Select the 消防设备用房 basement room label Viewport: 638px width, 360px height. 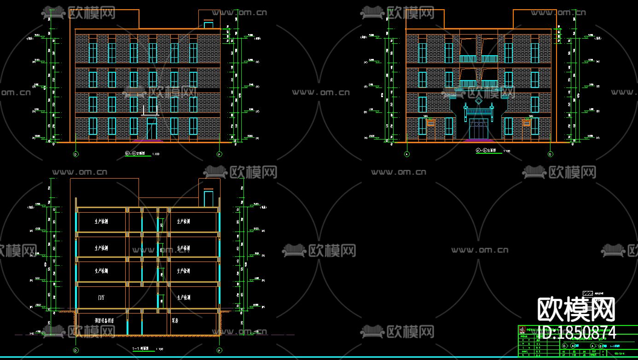[104, 320]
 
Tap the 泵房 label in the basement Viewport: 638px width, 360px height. [175, 320]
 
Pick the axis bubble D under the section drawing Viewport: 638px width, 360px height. [76, 350]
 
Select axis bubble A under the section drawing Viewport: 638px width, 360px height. [219, 350]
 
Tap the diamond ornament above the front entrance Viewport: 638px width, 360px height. [479, 101]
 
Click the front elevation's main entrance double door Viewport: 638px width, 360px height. [478, 128]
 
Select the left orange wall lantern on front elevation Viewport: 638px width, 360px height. [430, 123]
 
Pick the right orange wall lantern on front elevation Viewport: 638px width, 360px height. [527, 123]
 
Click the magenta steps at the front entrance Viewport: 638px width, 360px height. [478, 140]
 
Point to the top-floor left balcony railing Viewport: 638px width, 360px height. [468, 59]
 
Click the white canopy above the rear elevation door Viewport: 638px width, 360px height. [151, 110]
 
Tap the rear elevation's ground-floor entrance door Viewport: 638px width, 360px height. [151, 128]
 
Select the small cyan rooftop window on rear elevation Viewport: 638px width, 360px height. [208, 24]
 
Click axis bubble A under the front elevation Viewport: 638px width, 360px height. [407, 154]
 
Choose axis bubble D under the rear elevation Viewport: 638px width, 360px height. [76, 154]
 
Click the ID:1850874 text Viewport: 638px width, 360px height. [576, 332]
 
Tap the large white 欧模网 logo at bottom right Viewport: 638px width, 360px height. [576, 309]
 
